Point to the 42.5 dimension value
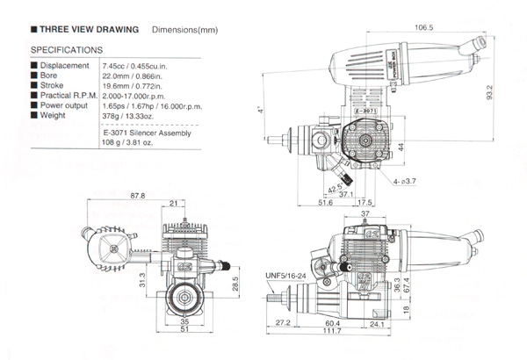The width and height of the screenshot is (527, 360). (x=335, y=186)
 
